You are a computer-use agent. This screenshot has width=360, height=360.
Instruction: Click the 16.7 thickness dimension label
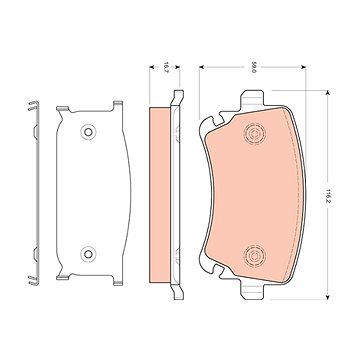coord(165,67)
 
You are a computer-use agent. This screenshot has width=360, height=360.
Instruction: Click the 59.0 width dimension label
coord(254,67)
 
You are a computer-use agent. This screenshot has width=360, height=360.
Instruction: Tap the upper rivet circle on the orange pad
coord(254,134)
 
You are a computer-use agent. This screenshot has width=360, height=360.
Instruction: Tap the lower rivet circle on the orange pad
coord(254,256)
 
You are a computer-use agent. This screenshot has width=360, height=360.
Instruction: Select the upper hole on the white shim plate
coord(88,132)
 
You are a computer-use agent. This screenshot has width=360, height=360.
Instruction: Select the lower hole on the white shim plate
coord(88,254)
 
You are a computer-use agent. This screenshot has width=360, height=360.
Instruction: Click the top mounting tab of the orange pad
coord(252,100)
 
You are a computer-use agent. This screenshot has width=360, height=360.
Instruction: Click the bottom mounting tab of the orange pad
coord(252,290)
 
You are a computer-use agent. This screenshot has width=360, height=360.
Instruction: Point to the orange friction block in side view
coord(160,195)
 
